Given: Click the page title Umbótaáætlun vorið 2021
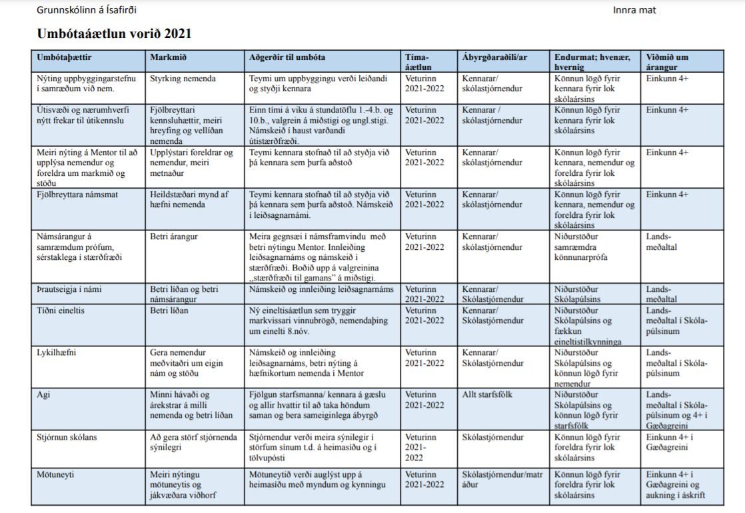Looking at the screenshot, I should tap(114, 33).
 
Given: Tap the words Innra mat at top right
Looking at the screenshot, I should tap(634, 10).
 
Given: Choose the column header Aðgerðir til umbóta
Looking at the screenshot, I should tap(287, 57).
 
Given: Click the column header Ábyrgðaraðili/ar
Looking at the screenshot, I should tap(494, 57).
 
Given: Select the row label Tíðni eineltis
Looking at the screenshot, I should tap(62, 310).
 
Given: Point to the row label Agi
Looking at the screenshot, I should tap(44, 394).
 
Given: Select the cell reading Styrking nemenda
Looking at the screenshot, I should tap(183, 79).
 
